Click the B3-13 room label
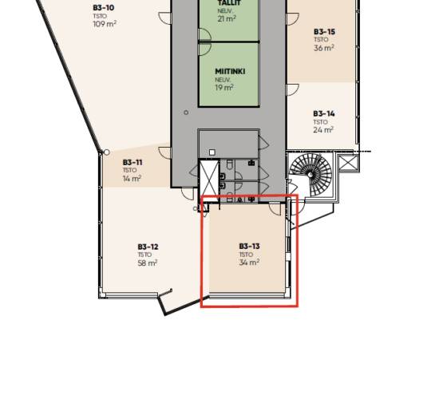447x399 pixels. (x=249, y=246)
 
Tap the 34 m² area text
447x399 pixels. (x=249, y=263)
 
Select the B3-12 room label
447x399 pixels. (x=148, y=247)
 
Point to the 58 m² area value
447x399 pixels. (x=148, y=263)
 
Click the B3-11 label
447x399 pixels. (x=133, y=163)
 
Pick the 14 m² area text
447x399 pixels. (x=132, y=179)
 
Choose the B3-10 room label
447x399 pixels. (x=104, y=8)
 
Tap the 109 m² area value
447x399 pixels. (x=105, y=24)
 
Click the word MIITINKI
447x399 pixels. (x=230, y=71)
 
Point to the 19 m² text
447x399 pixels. (x=224, y=87)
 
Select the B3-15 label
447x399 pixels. (x=324, y=32)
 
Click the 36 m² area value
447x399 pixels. (x=324, y=48)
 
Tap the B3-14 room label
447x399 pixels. (x=324, y=113)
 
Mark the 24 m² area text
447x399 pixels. (x=323, y=130)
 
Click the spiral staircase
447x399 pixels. (x=311, y=175)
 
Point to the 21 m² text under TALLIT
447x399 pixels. (x=227, y=19)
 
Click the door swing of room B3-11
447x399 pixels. (x=164, y=152)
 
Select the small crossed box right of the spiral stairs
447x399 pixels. (x=347, y=164)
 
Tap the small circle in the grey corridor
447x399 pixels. (x=186, y=113)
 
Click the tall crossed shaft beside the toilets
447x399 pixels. (x=208, y=180)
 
